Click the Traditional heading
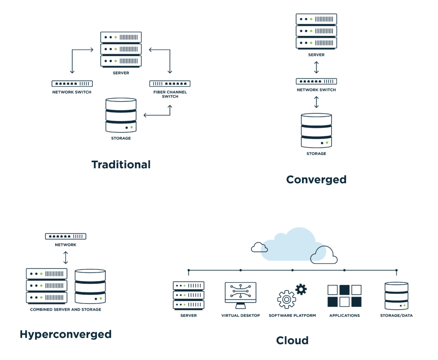click(x=121, y=165)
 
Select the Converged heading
click(x=316, y=180)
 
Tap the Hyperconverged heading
click(x=66, y=335)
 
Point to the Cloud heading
click(x=292, y=340)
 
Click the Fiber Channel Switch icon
click(x=170, y=84)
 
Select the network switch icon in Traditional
click(x=72, y=84)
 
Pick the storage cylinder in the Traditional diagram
click(x=121, y=115)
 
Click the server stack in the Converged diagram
click(x=316, y=31)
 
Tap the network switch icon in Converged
click(x=316, y=81)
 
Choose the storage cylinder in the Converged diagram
click(x=316, y=131)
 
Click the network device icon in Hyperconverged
click(x=66, y=236)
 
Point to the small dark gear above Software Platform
click(x=301, y=289)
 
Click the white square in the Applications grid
click(x=333, y=290)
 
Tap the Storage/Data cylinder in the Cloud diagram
click(x=396, y=296)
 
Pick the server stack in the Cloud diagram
click(x=188, y=296)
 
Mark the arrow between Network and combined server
click(x=66, y=258)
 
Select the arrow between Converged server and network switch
click(x=316, y=67)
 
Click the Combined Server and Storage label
click(x=66, y=310)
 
